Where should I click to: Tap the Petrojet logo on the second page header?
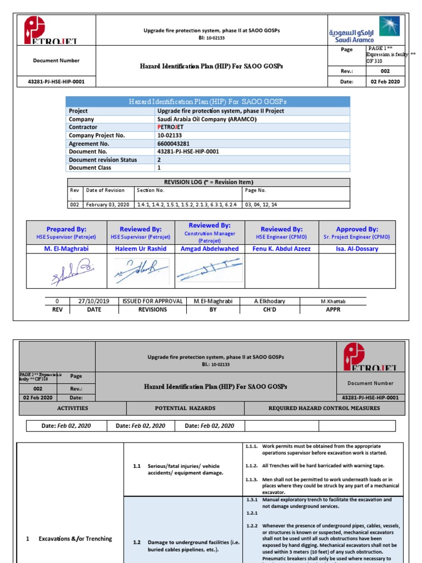tap(371, 357)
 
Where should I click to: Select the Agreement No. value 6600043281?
tap(174, 143)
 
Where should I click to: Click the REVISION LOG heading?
tap(208, 182)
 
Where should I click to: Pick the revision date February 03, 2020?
tap(108, 205)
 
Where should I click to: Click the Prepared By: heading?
tap(66, 229)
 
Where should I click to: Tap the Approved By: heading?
tap(357, 229)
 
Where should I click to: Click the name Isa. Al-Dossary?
tap(357, 249)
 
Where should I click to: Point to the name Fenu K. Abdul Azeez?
tap(281, 249)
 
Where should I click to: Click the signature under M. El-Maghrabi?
tap(66, 272)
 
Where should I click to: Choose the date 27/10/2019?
tap(94, 301)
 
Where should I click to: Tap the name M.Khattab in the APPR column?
tap(334, 301)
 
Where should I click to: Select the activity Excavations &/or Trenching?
tap(76, 539)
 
